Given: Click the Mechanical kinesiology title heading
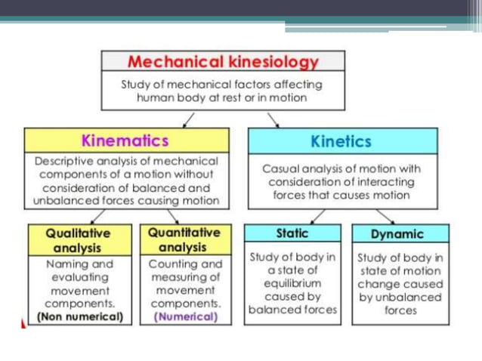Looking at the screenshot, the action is [x=223, y=62].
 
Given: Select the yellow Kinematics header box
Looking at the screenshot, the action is [x=125, y=140].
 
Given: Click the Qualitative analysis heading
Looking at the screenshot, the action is [x=78, y=240].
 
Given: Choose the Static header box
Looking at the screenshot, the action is [x=292, y=234].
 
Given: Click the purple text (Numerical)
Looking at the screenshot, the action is [x=186, y=317].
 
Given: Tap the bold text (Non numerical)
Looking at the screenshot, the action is [x=80, y=317].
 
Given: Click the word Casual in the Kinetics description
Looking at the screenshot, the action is [x=280, y=168].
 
